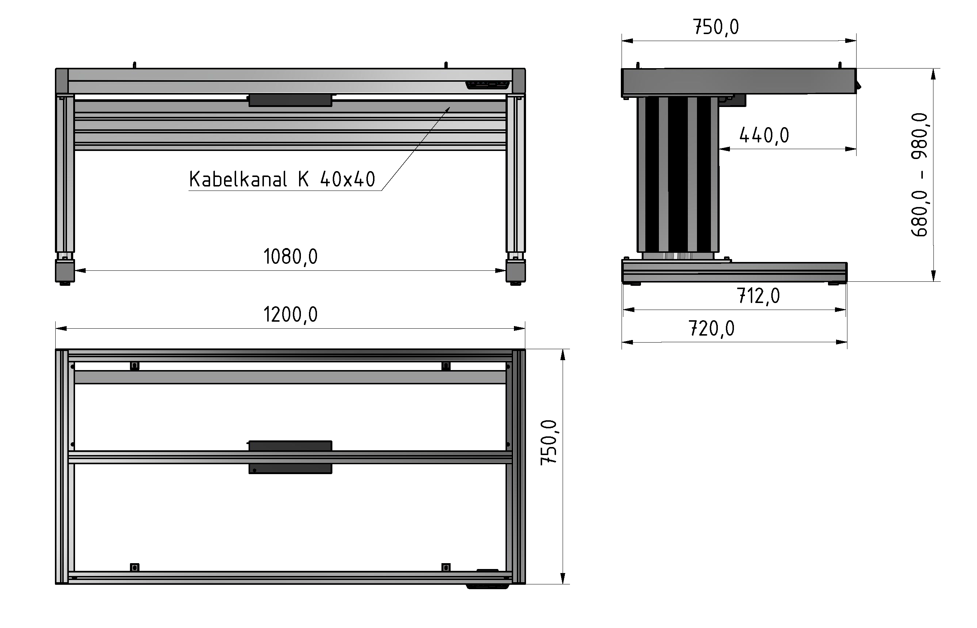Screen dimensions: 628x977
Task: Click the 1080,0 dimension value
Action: tap(290, 257)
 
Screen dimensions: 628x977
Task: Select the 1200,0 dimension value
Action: tap(290, 315)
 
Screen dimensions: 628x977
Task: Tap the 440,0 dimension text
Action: tap(764, 136)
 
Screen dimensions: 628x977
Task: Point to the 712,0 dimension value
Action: tap(758, 296)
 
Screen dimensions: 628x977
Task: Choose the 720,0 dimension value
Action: tap(711, 329)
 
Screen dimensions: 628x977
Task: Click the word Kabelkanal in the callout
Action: tap(238, 180)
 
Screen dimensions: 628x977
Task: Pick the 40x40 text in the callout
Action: tap(347, 180)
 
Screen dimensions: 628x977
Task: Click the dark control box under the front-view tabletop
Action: tap(290, 100)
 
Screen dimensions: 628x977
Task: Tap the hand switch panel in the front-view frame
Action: tap(487, 85)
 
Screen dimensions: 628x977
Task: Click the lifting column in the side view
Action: tap(678, 174)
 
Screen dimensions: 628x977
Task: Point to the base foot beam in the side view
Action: tap(734, 272)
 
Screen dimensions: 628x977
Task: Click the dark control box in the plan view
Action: tap(290, 457)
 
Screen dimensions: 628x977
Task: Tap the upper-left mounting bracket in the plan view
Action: tap(134, 366)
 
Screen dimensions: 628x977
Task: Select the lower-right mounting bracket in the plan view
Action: tap(446, 567)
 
